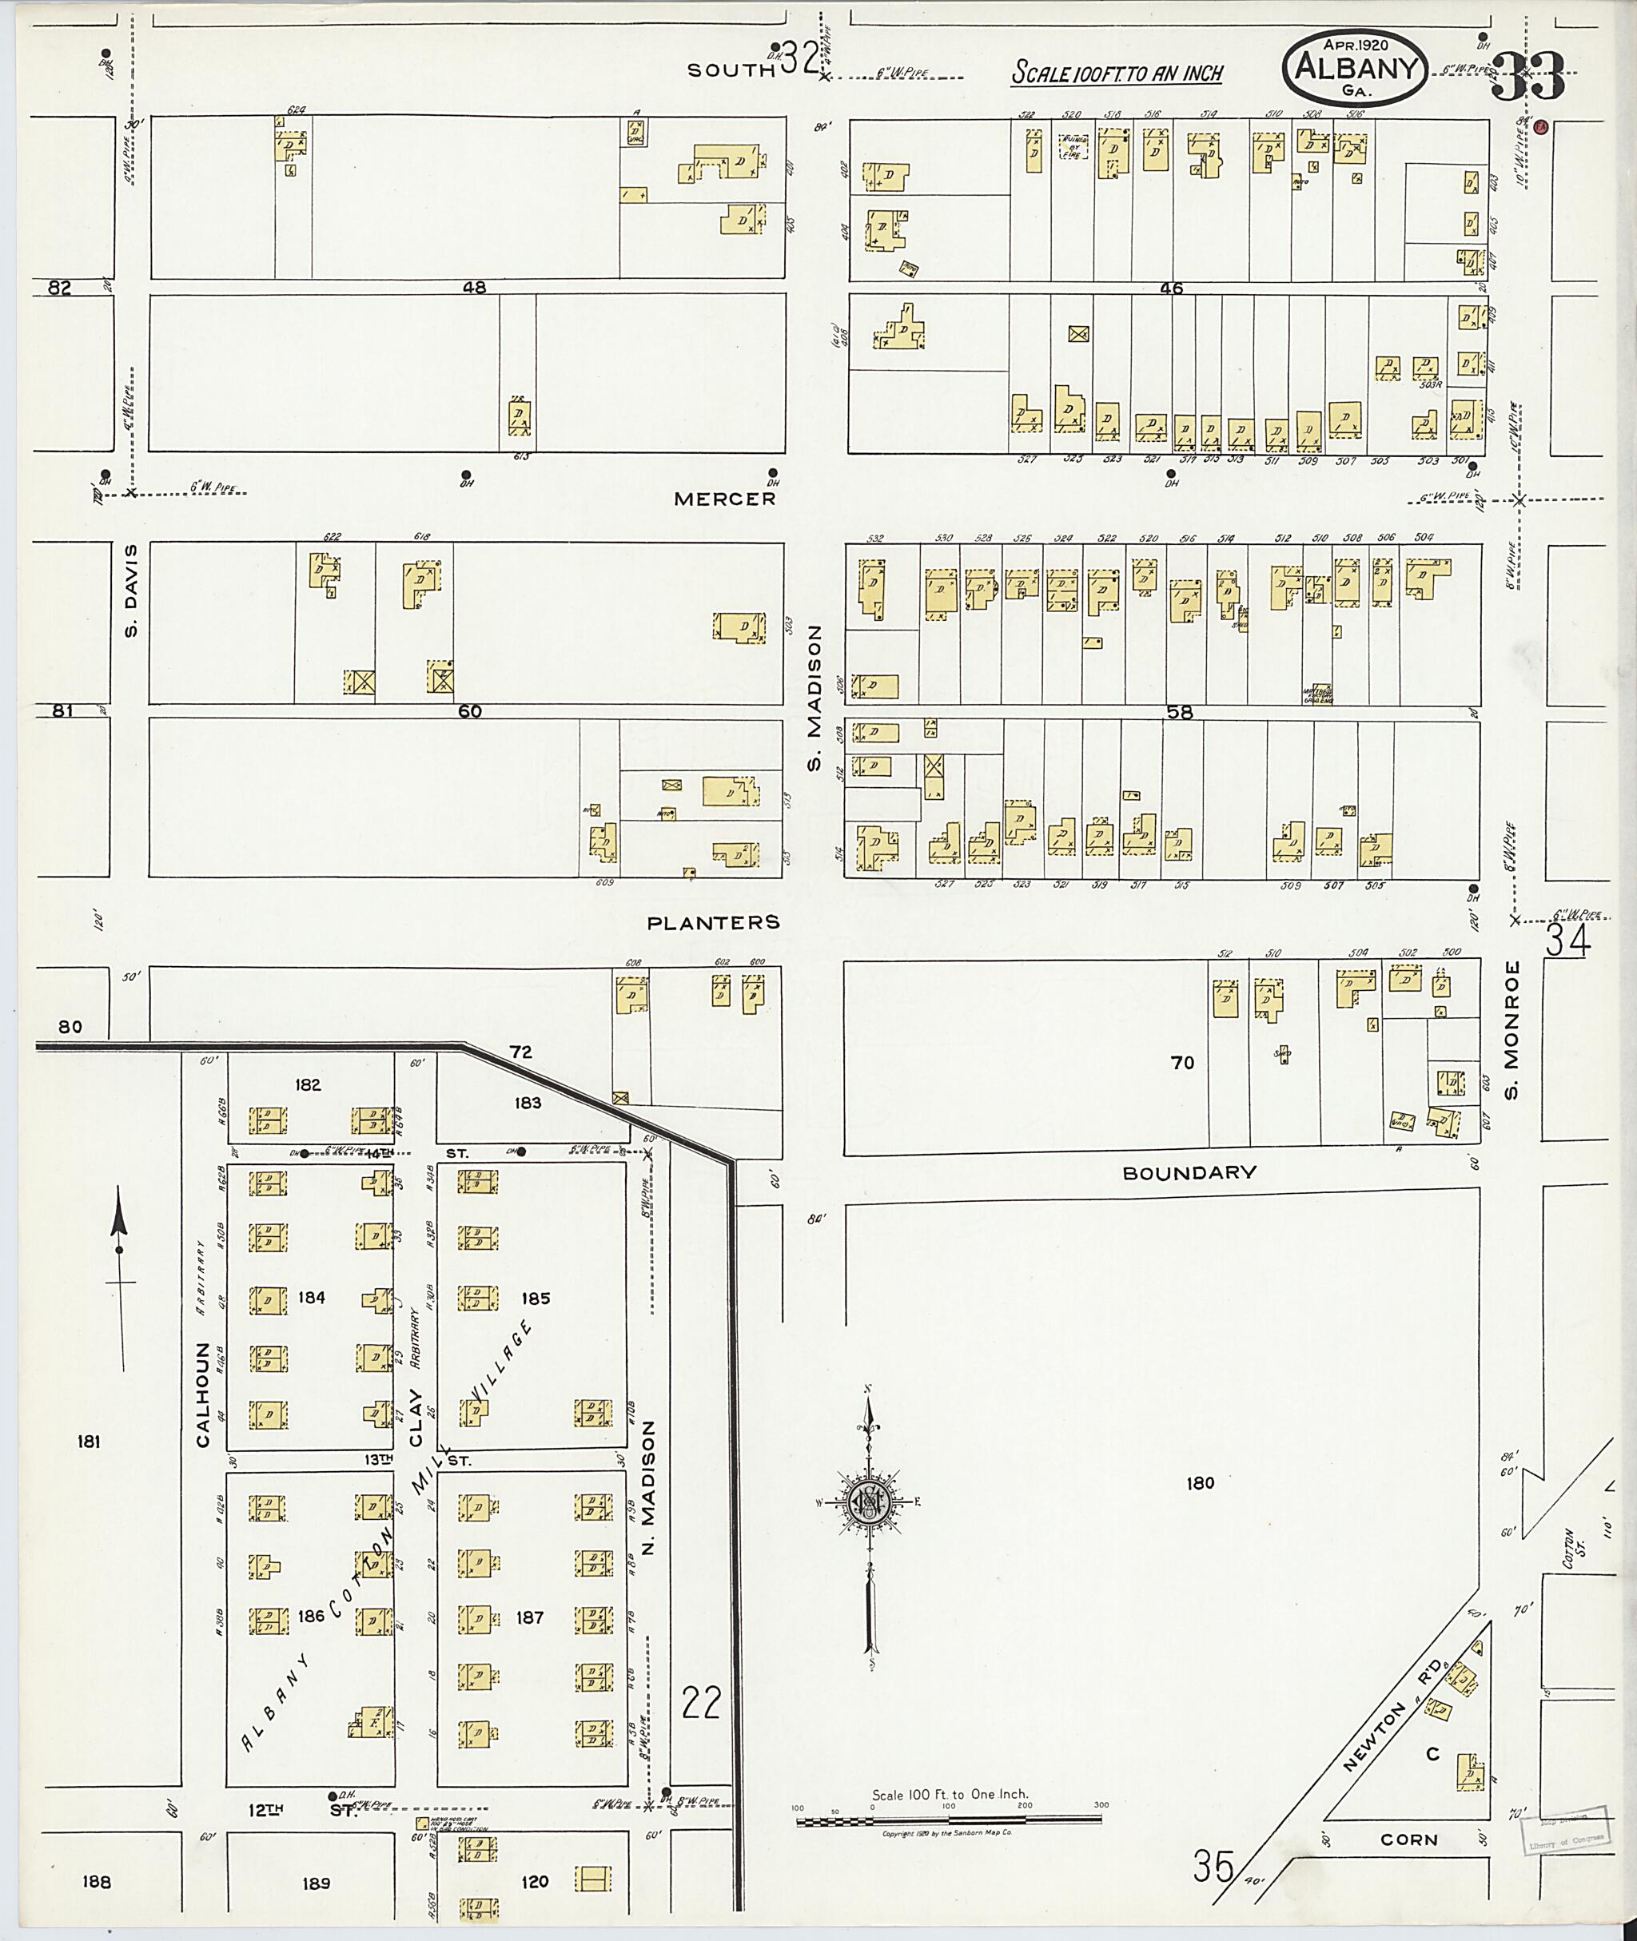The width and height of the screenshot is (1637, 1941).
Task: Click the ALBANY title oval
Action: [1355, 67]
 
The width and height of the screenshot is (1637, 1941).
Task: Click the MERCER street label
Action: [725, 499]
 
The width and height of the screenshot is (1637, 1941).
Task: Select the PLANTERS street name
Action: [713, 922]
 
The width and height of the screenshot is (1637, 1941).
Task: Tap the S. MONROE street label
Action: [1512, 1030]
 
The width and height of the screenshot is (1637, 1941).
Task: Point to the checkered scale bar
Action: [949, 1820]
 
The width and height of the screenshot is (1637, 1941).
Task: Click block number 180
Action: [1200, 1482]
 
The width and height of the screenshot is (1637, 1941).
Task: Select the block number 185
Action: [536, 1298]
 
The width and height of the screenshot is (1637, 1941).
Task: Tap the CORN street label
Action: [1408, 1840]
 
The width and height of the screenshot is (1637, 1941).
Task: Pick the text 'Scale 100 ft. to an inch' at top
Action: [1117, 74]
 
